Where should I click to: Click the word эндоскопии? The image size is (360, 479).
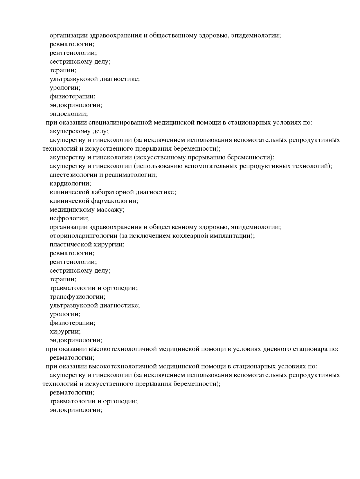[x=69, y=114]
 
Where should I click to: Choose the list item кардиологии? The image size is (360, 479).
[x=70, y=183]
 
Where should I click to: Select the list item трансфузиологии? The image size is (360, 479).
[x=77, y=297]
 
